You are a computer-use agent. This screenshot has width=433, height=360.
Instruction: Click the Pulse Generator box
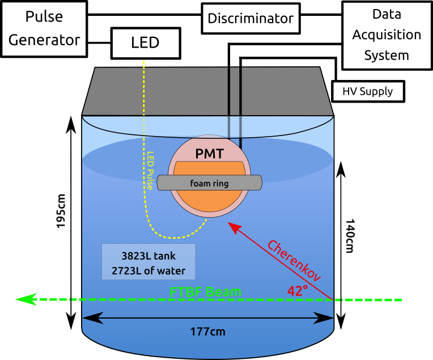[44, 29]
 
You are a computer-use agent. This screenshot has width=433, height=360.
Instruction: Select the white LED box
[145, 43]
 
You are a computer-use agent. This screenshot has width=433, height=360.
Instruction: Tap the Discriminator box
[251, 18]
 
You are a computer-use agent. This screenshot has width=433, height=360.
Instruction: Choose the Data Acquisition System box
[387, 35]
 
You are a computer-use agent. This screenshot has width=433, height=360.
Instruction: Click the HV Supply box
[368, 91]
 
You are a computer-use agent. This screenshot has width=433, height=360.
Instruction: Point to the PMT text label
[209, 153]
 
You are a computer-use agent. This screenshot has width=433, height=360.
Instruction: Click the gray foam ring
[210, 183]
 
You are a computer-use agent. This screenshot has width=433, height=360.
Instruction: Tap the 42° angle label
[297, 291]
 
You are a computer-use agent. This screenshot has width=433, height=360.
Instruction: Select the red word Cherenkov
[294, 261]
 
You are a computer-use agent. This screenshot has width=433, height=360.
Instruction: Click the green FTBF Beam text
[206, 293]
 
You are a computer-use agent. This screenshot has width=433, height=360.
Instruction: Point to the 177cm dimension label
[208, 332]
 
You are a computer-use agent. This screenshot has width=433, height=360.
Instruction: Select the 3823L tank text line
[148, 256]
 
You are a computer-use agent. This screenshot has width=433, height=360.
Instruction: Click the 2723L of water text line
[148, 270]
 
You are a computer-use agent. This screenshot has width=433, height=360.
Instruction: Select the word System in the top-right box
[387, 56]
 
